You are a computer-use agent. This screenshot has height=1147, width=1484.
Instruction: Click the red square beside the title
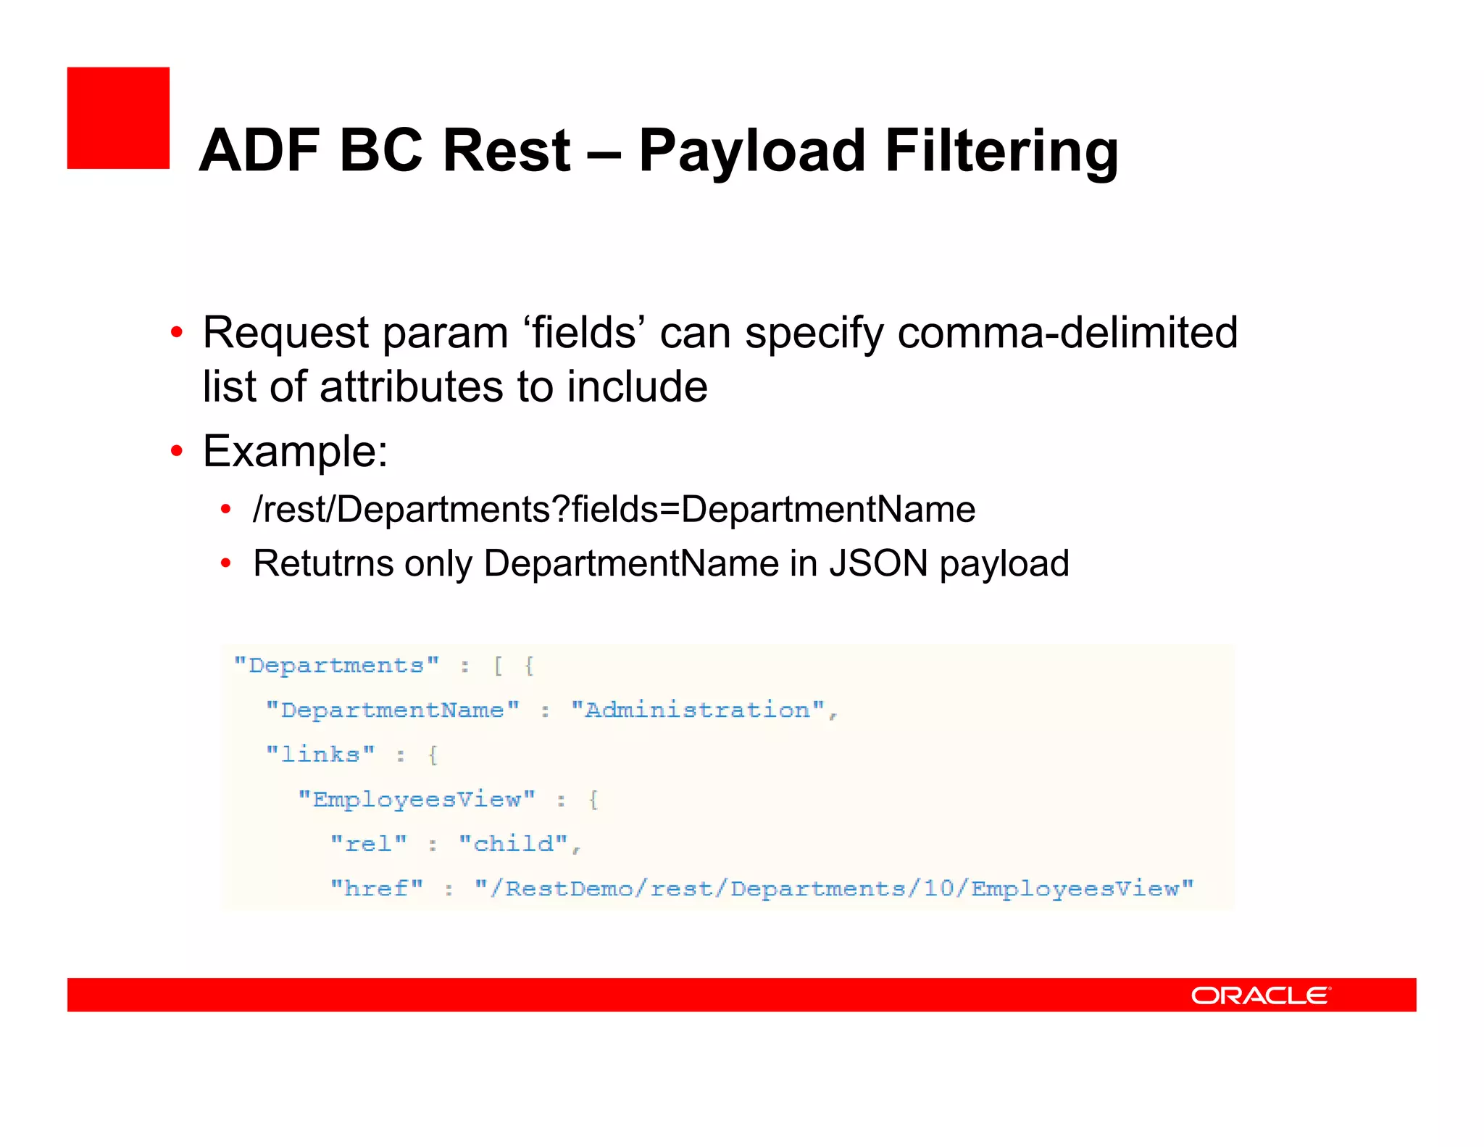click(x=118, y=118)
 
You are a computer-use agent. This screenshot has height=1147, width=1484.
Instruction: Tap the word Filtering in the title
click(x=1001, y=151)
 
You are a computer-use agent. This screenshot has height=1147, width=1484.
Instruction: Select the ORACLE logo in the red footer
click(x=1260, y=995)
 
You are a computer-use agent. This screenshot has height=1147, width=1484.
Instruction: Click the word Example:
click(x=295, y=451)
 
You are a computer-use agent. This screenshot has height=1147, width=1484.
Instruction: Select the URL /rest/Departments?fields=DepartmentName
click(x=614, y=509)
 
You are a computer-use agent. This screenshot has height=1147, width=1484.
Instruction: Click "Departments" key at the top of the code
click(x=336, y=666)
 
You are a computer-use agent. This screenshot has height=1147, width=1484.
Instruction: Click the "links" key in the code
click(x=320, y=754)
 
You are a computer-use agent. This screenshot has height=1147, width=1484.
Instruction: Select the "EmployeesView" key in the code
click(x=417, y=799)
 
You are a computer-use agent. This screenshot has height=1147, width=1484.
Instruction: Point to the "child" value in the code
click(x=514, y=843)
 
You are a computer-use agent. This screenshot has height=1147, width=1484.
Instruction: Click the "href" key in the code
click(x=377, y=888)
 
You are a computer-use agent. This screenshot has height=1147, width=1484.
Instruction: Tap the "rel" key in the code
click(x=369, y=843)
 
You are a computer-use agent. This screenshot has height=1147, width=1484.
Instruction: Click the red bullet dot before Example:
click(x=177, y=451)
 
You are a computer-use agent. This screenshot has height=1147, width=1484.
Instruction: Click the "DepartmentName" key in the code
click(x=393, y=710)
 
